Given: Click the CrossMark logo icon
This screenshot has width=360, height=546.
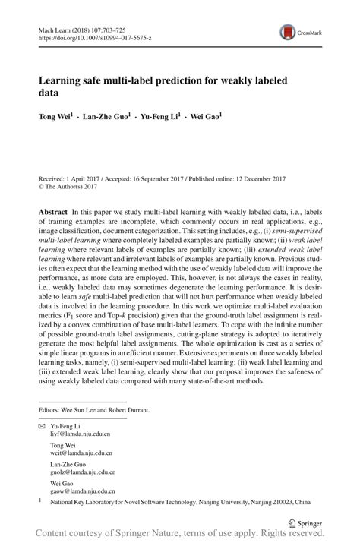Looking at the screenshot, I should (289, 32).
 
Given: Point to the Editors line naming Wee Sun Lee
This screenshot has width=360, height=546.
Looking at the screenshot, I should (94, 410).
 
